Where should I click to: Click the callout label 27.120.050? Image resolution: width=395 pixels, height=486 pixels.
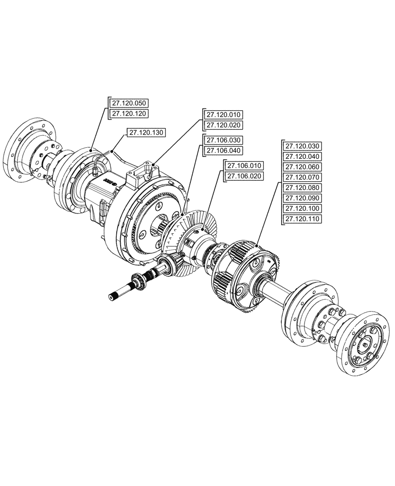(129, 103)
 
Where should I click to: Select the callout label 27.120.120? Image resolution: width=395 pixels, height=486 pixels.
(129, 113)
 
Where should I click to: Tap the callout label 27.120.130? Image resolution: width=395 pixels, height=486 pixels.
(146, 132)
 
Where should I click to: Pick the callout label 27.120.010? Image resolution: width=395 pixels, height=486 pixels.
(223, 115)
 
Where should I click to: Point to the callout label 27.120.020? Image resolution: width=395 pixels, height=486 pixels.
(223, 125)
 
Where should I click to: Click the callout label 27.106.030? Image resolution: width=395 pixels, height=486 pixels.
(223, 140)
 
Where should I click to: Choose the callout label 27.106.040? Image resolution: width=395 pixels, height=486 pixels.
(223, 151)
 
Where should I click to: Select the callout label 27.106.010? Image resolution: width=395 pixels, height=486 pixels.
(243, 165)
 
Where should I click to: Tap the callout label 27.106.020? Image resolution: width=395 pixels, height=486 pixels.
(243, 176)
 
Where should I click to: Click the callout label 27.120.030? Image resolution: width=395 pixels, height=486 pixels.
(302, 146)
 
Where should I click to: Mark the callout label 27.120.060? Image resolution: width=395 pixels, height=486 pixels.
(302, 167)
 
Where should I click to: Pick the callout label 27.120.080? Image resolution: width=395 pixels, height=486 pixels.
(302, 188)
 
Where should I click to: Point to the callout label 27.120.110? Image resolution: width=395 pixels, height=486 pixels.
(302, 219)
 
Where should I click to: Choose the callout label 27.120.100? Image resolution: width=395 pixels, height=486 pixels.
(302, 208)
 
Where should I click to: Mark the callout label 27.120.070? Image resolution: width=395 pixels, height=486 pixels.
(302, 177)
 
